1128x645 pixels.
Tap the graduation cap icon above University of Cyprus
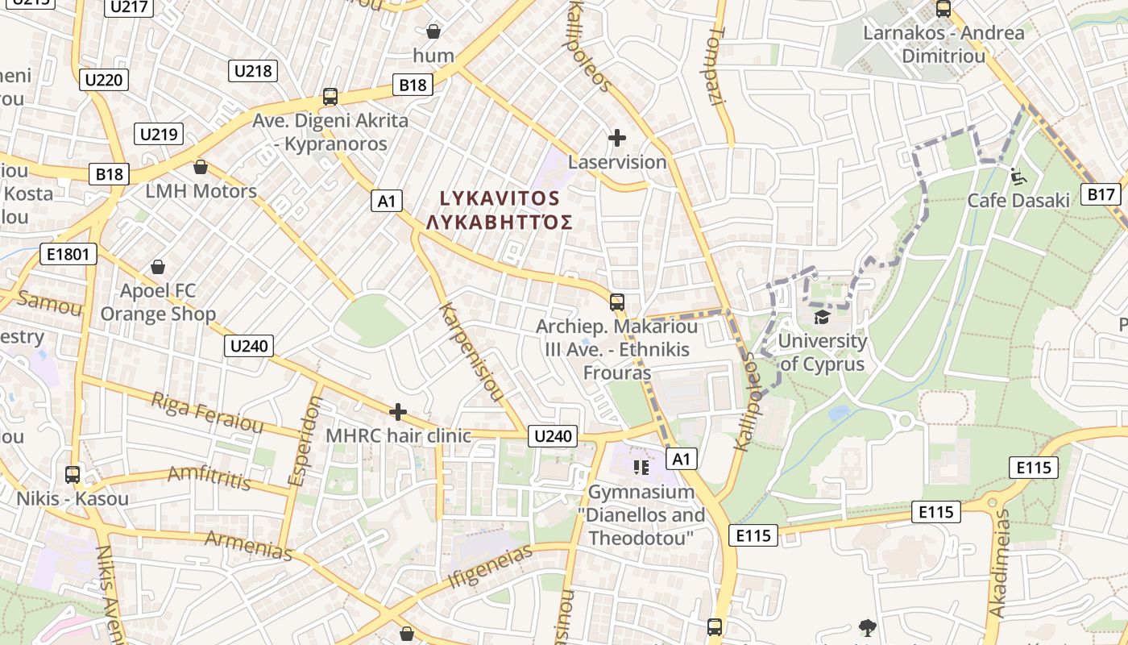[822, 317]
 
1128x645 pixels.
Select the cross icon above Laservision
[617, 138]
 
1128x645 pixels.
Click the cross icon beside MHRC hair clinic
[397, 412]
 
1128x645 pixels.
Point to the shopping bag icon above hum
[433, 31]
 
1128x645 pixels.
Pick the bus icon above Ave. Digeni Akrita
[330, 97]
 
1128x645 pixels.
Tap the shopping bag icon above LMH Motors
[201, 167]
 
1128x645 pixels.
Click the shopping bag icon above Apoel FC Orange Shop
[159, 266]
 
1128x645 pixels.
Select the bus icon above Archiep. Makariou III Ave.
[617, 302]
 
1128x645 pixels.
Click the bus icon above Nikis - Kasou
[73, 474]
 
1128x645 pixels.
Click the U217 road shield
[129, 7]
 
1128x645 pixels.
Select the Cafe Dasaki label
[1018, 200]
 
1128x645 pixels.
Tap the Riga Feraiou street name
[207, 413]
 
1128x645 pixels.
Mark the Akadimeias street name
[998, 564]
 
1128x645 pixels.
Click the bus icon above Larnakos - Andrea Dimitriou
[943, 9]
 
